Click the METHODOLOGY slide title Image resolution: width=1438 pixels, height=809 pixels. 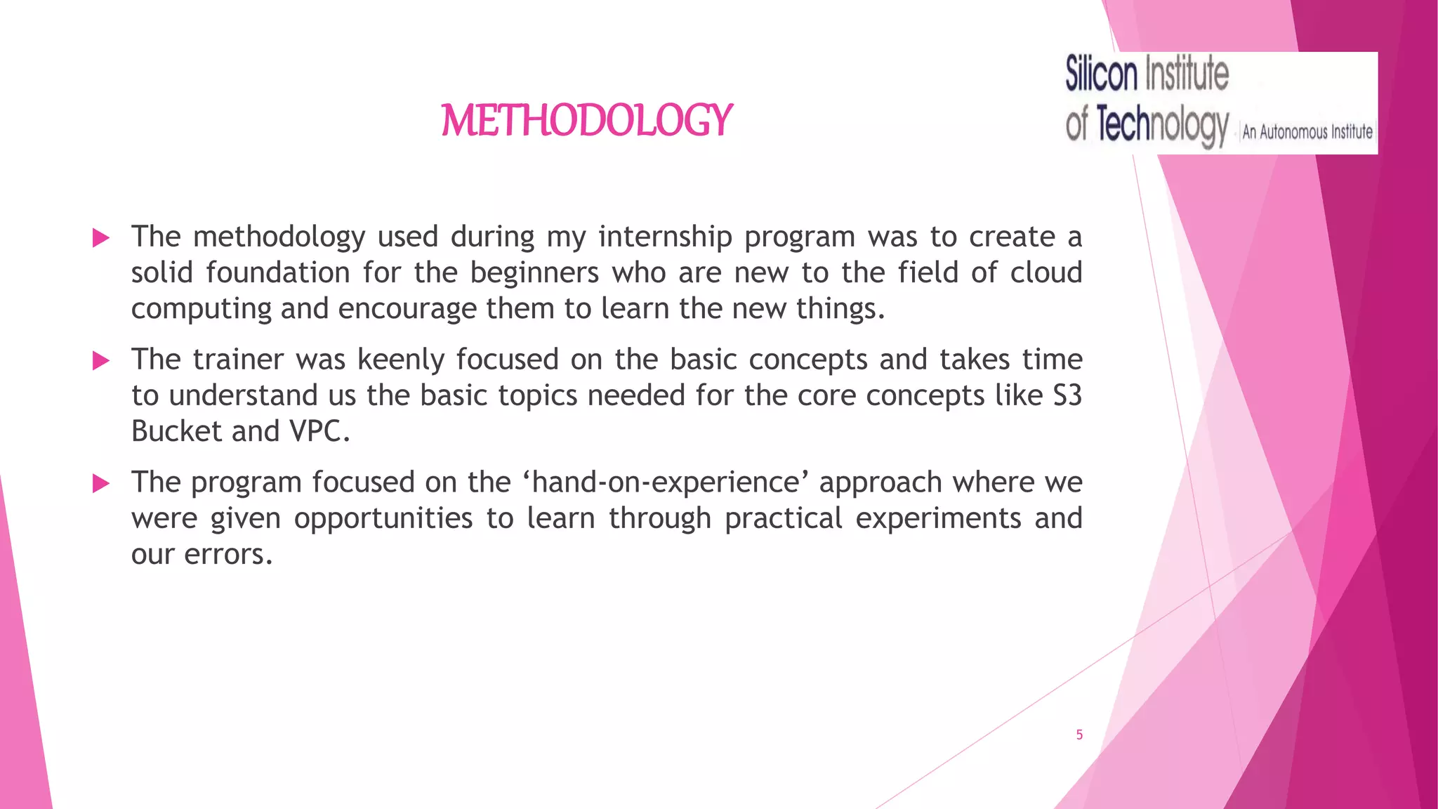pyautogui.click(x=587, y=120)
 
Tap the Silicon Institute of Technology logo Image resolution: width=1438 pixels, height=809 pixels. pyautogui.click(x=1220, y=103)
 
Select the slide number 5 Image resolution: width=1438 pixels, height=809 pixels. pyautogui.click(x=1079, y=735)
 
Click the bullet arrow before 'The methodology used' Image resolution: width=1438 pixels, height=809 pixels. pyautogui.click(x=101, y=238)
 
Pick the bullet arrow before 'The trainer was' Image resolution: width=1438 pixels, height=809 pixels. pyautogui.click(x=101, y=361)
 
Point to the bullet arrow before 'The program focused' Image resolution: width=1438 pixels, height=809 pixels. pyautogui.click(x=101, y=483)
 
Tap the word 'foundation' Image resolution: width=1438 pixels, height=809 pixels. pyautogui.click(x=277, y=272)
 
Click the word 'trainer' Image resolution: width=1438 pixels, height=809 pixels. pyautogui.click(x=238, y=360)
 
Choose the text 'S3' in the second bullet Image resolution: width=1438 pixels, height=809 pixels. pyautogui.click(x=1067, y=395)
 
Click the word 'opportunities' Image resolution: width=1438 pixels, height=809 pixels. pyautogui.click(x=383, y=519)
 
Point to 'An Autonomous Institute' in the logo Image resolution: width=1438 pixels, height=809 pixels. pyautogui.click(x=1307, y=131)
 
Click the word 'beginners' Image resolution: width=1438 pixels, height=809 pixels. pyautogui.click(x=534, y=272)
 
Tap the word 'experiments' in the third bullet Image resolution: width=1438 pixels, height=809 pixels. pyautogui.click(x=938, y=519)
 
